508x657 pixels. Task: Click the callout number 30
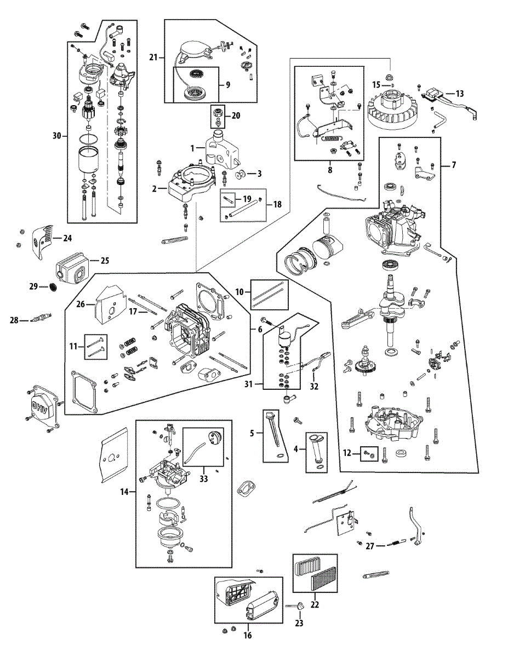tap(57, 135)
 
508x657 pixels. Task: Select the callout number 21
tap(153, 57)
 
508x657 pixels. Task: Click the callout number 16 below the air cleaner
tap(247, 635)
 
